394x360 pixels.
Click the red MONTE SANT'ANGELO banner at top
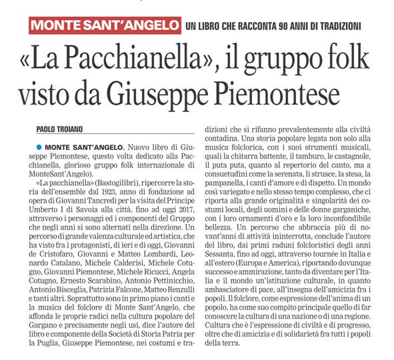(98, 26)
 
